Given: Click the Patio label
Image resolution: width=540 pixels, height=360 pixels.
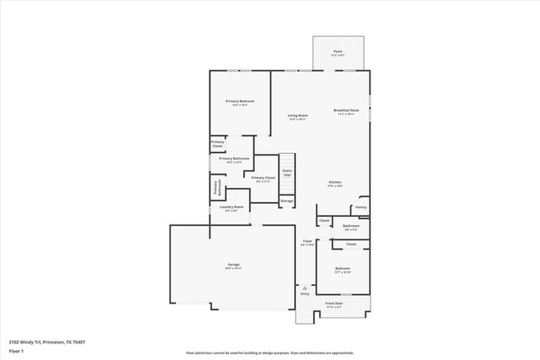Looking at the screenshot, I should coord(338,52).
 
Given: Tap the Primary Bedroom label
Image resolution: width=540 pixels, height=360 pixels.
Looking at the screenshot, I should coord(240,102).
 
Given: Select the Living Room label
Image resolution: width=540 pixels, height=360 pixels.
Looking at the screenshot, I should coord(297,116).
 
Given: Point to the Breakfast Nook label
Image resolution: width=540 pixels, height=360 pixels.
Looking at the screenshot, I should coord(346,111).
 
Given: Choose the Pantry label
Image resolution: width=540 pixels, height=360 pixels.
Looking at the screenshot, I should coord(361,207).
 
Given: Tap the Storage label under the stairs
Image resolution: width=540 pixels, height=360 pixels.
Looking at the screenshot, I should coord(287,201).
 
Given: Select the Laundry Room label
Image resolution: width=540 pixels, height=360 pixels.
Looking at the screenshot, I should coord(233,208).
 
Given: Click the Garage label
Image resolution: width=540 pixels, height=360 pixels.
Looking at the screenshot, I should coord(233,266).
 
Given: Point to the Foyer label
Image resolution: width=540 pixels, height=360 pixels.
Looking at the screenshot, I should coord(307,244).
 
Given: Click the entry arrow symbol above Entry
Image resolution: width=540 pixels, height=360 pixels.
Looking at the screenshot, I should coord(305,288).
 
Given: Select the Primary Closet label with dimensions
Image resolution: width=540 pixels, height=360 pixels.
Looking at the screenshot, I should coord(263,179).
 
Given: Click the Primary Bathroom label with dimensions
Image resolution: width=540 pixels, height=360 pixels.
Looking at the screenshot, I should coord(234,160).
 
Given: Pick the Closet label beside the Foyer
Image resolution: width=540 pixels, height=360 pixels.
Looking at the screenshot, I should coord(324,220).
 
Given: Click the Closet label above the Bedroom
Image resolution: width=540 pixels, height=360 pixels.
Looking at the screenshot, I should coord(351,244).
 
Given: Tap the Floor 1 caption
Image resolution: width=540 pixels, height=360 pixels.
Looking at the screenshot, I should coord(17,351).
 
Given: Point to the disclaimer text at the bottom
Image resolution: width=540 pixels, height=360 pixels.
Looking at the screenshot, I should coord(270,353).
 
